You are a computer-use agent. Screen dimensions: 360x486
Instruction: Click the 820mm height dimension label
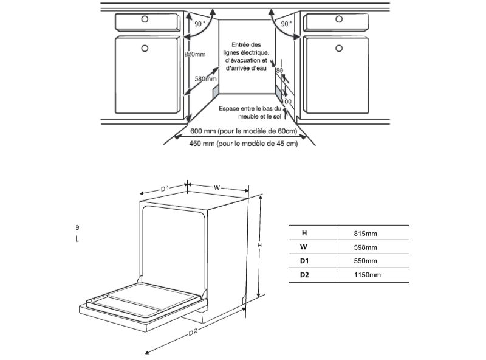pos(194,54)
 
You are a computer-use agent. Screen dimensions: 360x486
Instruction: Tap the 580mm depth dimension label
pos(206,79)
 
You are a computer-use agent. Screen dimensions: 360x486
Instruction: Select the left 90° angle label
pos(200,23)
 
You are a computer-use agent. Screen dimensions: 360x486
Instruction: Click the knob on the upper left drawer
pos(145,19)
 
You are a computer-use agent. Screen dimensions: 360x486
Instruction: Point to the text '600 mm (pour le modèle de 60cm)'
pos(244,131)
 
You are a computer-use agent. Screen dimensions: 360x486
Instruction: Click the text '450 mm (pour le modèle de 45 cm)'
pos(244,144)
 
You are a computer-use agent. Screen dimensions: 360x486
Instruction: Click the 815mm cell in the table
pos(365,234)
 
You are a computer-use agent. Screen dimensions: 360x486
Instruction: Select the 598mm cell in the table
pos(365,247)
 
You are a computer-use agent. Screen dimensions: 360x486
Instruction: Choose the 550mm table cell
pos(365,261)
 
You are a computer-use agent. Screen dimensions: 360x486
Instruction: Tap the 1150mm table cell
pos(367,275)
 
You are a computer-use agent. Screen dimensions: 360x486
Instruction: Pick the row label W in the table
pos(303,247)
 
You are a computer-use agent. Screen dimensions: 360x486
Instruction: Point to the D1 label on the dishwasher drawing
pos(164,189)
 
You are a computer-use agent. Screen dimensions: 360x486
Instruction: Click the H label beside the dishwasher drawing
pos(259,245)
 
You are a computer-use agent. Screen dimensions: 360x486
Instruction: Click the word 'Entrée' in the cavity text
pos(239,44)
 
